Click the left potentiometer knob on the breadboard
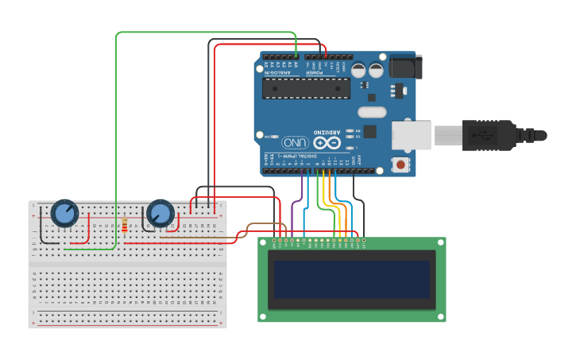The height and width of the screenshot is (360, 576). [x=64, y=213]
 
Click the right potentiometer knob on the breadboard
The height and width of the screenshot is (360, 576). [x=160, y=213]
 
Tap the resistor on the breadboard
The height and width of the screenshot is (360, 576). [x=125, y=226]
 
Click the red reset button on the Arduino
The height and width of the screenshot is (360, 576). [x=401, y=165]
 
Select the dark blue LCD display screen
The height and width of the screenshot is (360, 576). [x=351, y=279]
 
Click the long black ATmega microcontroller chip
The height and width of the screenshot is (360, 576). [x=307, y=88]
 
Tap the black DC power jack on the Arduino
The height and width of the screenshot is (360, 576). [x=404, y=67]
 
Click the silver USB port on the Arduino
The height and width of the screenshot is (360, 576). [x=412, y=135]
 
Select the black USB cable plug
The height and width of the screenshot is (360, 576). [x=489, y=135]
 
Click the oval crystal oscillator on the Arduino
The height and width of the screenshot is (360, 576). [x=371, y=112]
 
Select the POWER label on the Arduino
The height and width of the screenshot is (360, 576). [x=315, y=72]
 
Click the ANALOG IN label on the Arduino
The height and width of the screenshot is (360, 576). [x=278, y=72]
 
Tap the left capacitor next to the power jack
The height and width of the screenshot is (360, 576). [x=359, y=70]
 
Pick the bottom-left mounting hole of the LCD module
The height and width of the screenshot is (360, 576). [x=263, y=317]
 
